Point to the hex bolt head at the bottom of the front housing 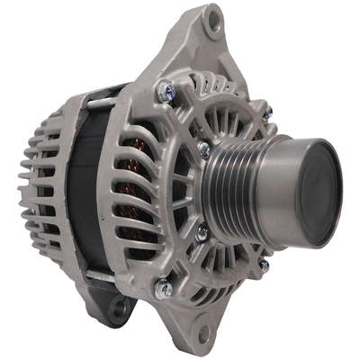pyautogui.click(x=163, y=290)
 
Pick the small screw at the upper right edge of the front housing pyautogui.click(x=267, y=112)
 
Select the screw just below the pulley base pyautogui.click(x=202, y=232)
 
